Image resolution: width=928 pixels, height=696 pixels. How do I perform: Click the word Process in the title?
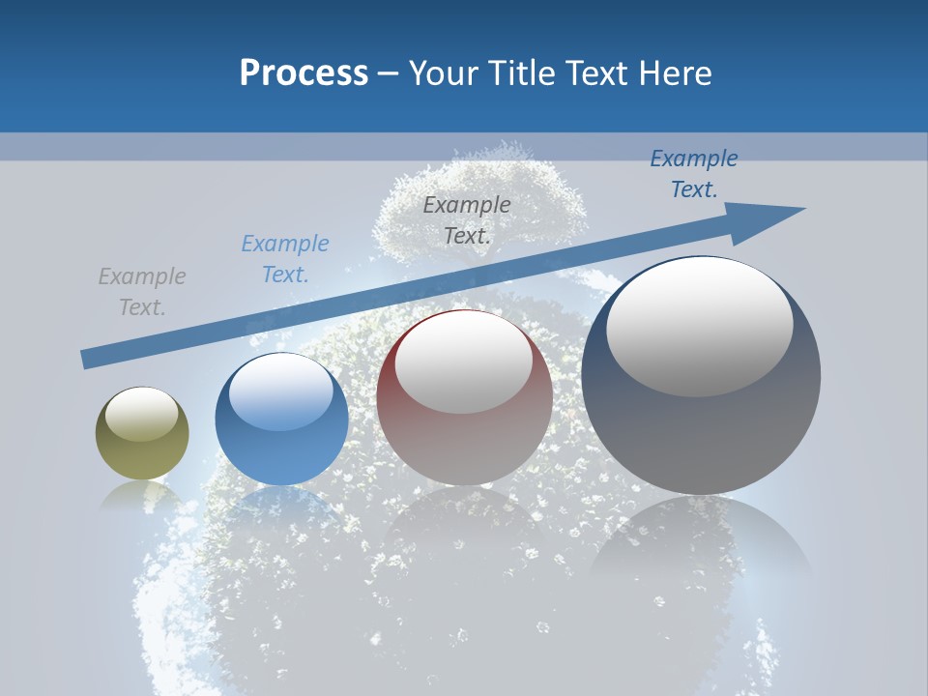click(x=304, y=73)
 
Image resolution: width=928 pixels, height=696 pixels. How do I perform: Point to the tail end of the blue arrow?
click(x=85, y=360)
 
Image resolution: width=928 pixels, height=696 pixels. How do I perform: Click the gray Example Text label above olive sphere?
click(x=142, y=291)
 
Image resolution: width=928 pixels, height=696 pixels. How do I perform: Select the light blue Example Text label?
click(x=285, y=258)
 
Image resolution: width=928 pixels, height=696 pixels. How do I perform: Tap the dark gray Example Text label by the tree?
click(x=467, y=219)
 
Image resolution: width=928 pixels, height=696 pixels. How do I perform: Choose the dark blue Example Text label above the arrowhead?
click(x=694, y=173)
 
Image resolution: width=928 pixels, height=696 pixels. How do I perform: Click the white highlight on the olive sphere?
click(x=142, y=414)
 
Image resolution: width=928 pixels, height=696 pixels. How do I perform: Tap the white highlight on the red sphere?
click(x=464, y=362)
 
